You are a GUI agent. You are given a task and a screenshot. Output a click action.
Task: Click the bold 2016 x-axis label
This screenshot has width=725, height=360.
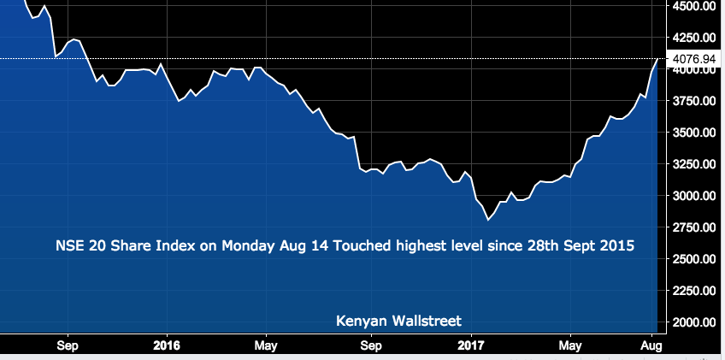pyautogui.click(x=167, y=345)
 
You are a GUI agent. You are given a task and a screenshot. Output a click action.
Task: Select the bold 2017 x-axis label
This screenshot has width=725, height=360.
pyautogui.click(x=472, y=345)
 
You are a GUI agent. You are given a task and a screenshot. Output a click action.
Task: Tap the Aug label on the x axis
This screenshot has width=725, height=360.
pyautogui.click(x=651, y=345)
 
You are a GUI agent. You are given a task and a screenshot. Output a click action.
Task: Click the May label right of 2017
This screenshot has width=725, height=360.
pyautogui.click(x=570, y=345)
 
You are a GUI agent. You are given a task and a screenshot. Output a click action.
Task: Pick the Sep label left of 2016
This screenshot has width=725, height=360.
pyautogui.click(x=68, y=345)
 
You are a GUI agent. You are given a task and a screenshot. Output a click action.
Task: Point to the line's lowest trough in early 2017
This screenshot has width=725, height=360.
pyautogui.click(x=488, y=220)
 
